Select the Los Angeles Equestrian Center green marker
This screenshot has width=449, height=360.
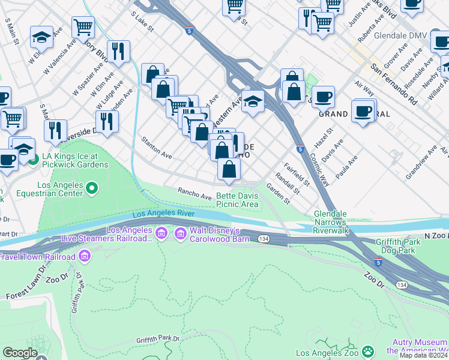pyautogui.click(x=92, y=190)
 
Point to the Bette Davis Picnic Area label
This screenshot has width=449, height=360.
pyautogui.click(x=237, y=200)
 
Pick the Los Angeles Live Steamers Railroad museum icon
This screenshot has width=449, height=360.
pyautogui.click(x=161, y=233)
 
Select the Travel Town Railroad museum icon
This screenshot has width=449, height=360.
pyautogui.click(x=85, y=257)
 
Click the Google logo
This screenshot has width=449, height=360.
pyautogui.click(x=20, y=353)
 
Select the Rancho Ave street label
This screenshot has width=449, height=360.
pyautogui.click(x=194, y=193)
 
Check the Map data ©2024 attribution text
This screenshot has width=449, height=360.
pyautogui.click(x=424, y=355)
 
